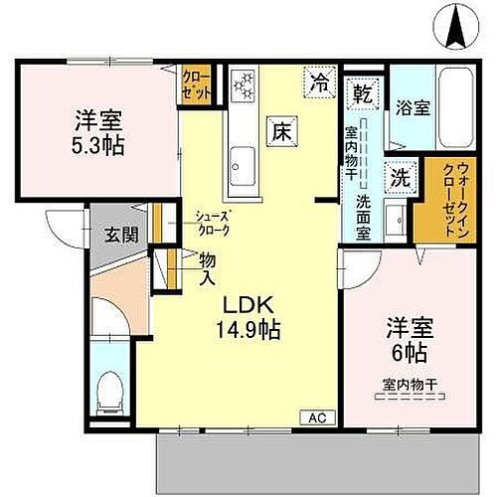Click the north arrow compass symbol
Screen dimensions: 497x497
[458, 25]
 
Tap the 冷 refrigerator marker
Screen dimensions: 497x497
[320, 83]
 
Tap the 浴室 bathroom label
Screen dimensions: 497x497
[414, 107]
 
